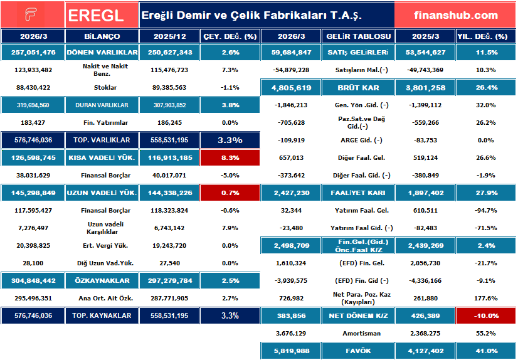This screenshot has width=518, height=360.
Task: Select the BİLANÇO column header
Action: coord(102,36)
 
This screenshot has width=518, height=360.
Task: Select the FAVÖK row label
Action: coord(359,351)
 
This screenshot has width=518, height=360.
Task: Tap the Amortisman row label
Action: coord(359,333)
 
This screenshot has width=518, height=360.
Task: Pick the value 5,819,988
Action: coord(293,351)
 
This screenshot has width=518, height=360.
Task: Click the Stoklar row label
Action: coord(102,87)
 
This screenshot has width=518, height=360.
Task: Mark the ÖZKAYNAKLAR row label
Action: coord(102,280)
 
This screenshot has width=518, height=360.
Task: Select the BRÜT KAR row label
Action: coord(359,87)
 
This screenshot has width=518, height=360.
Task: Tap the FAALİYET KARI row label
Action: coord(359,193)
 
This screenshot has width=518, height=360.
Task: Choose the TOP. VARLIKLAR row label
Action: coord(102,140)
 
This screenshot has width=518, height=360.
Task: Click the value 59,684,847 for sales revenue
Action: coord(293,52)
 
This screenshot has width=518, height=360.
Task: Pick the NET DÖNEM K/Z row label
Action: coord(359,315)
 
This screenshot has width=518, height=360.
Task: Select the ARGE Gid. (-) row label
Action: coord(359,140)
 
